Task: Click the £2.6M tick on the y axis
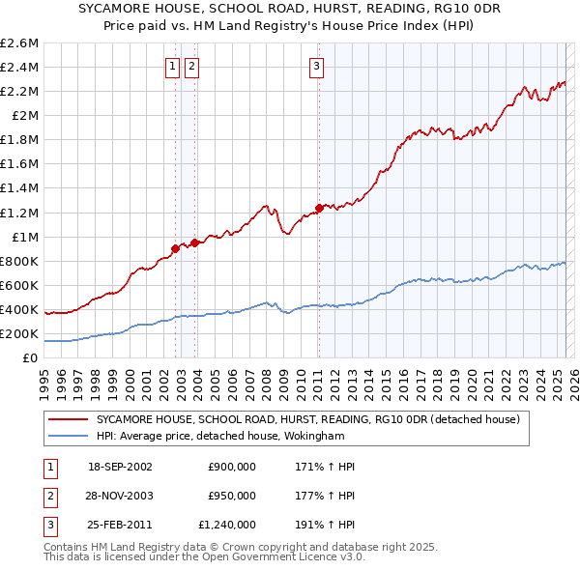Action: pyautogui.click(x=19, y=43)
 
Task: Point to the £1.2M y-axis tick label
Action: pyautogui.click(x=19, y=213)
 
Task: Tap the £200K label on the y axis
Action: pyautogui.click(x=19, y=333)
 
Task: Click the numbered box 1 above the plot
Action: pyautogui.click(x=172, y=67)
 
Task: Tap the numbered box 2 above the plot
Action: pyautogui.click(x=192, y=67)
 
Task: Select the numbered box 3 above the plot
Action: pyautogui.click(x=316, y=67)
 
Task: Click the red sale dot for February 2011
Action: pyautogui.click(x=319, y=207)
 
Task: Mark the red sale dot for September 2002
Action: pyautogui.click(x=175, y=248)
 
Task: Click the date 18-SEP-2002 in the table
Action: pyautogui.click(x=120, y=467)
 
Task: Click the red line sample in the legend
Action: pyautogui.click(x=69, y=419)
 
